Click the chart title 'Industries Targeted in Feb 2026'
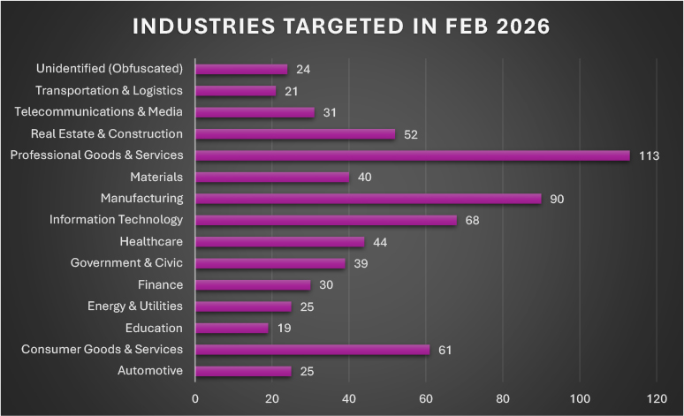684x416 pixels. tap(341, 26)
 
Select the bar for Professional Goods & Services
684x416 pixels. tap(412, 155)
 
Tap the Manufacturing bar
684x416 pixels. tap(368, 199)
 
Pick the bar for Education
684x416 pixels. tap(232, 328)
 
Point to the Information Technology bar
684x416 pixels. tap(326, 220)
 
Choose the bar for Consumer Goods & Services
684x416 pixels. tap(312, 350)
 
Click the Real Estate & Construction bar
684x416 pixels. tap(295, 134)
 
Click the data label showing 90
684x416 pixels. tap(557, 199)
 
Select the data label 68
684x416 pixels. tap(472, 221)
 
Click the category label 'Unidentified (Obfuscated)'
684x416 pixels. tap(110, 69)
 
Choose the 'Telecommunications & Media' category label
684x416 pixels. tap(99, 112)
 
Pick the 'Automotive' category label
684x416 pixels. tap(150, 371)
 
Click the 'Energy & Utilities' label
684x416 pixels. tap(135, 306)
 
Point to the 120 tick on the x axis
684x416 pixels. tap(657, 397)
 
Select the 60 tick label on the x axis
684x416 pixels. tap(426, 397)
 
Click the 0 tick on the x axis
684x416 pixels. tap(195, 397)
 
